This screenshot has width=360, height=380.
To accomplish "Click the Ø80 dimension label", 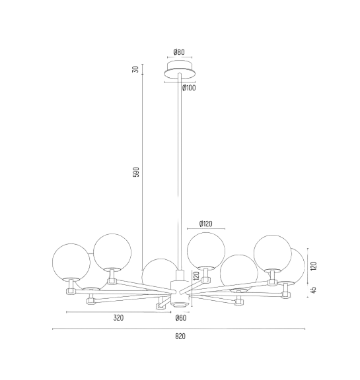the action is tap(179, 52).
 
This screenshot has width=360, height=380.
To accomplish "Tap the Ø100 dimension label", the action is tap(189, 88).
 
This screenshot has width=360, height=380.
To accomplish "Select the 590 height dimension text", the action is tap(137, 172).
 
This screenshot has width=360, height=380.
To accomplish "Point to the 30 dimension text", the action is tap(136, 69).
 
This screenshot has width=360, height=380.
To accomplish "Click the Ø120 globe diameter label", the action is tap(205, 224).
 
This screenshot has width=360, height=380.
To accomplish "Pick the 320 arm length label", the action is tap(118, 318).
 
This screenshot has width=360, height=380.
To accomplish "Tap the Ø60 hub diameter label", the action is tap(181, 318).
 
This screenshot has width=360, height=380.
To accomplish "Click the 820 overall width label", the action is tap(180, 336).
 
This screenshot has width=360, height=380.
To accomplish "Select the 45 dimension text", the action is tap(314, 290).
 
